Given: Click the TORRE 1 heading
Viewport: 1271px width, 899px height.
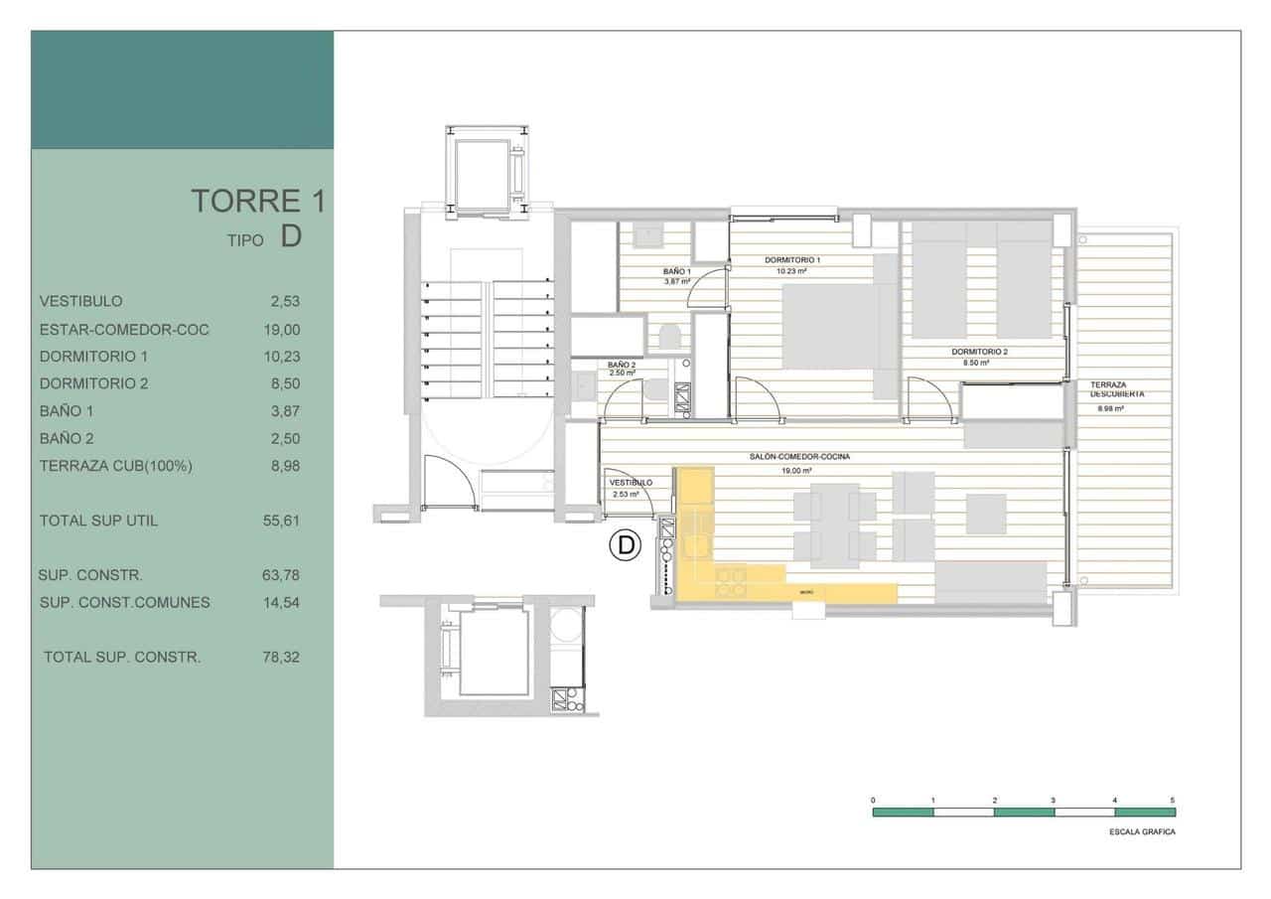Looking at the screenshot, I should tap(258, 201).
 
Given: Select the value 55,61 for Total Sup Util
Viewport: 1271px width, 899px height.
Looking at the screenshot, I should tap(279, 521).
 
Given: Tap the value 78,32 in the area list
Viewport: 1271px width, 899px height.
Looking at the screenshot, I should tap(279, 657).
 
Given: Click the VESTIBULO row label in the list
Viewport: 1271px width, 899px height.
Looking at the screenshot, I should tap(81, 301).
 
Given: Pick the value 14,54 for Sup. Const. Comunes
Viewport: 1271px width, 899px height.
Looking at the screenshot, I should tap(279, 602).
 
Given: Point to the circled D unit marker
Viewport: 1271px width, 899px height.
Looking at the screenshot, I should tap(625, 544).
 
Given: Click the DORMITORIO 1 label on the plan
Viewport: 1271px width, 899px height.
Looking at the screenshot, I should tap(791, 260).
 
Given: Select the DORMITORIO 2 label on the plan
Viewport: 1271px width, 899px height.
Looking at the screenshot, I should tap(979, 352).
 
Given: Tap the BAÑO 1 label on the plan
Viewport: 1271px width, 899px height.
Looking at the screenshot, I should tap(677, 271).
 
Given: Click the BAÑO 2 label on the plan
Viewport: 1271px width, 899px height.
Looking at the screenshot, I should tap(622, 366).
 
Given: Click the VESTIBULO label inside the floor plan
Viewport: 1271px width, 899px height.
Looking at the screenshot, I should tap(631, 483).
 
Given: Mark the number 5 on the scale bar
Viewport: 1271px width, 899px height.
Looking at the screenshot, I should tap(1173, 800).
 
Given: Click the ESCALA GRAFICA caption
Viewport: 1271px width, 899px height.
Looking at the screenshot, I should tap(1142, 832).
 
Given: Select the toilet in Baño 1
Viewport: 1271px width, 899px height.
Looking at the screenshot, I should tap(667, 337).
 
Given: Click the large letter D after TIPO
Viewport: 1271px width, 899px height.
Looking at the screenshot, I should tap(291, 236).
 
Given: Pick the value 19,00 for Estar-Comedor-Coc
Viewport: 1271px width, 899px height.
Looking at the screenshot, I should tap(279, 330).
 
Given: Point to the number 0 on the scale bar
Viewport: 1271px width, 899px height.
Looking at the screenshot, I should tap(873, 800).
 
